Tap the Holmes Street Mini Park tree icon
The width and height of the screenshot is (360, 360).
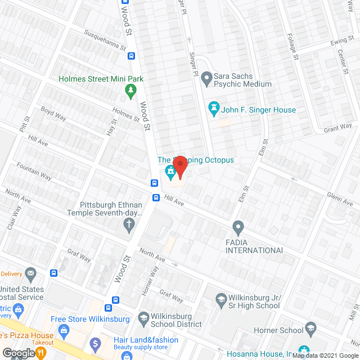click(130, 89)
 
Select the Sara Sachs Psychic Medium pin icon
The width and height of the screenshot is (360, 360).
click(206, 76)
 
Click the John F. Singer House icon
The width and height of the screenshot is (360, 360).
click(214, 106)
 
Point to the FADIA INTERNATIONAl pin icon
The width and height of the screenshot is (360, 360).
click(238, 228)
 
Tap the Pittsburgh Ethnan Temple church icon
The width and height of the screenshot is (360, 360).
click(129, 225)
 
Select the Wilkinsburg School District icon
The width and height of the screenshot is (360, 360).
click(143, 319)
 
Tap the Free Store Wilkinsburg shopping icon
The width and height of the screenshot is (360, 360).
click(63, 330)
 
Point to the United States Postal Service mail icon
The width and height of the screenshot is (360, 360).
click(30, 274)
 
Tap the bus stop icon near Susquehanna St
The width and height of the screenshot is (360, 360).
click(131, 56)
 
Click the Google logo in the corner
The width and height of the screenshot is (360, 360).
click(18, 353)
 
